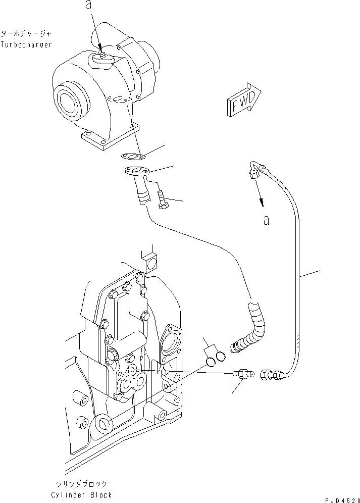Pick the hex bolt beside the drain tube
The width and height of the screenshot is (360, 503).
pos(163,199)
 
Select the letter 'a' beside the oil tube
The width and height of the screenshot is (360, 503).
pos(266,220)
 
